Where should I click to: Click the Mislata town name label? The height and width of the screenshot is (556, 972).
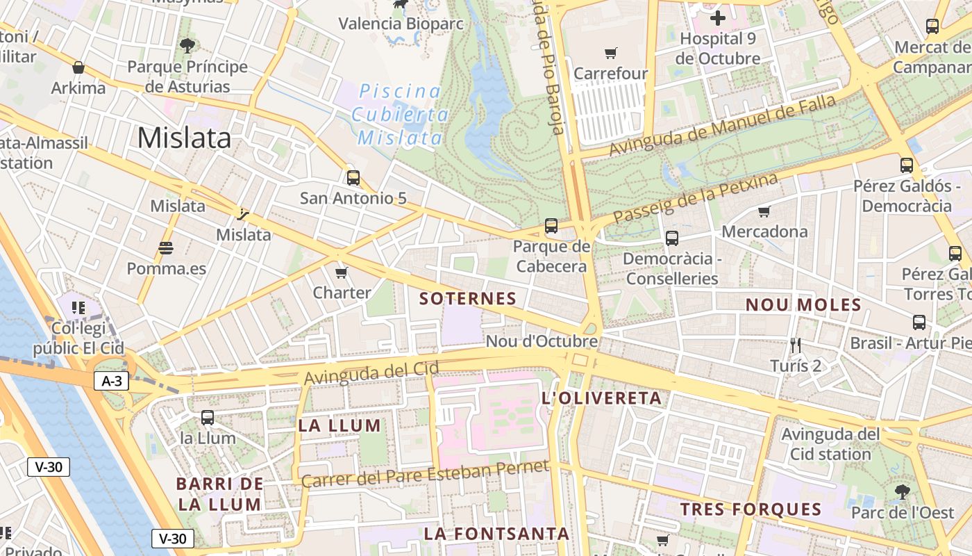pos(184,138)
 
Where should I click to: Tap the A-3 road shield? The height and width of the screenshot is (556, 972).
pos(111,380)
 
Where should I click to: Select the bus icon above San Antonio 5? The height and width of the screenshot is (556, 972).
pos(353,178)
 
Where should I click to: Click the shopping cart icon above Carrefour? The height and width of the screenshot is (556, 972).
pos(611,53)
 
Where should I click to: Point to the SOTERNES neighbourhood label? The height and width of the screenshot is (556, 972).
pos(468,299)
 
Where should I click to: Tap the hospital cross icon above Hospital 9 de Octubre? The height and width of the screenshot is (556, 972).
pos(718,17)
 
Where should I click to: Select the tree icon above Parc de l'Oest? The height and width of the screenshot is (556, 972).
pos(903,492)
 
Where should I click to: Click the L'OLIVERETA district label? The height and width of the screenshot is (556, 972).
pos(601,398)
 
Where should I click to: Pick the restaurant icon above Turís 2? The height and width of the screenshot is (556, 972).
pos(796,345)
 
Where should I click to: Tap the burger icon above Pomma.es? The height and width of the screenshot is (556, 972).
pos(165,248)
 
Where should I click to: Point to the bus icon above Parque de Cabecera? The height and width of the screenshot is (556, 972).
pos(551,226)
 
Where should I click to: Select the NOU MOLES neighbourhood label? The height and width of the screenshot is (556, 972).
pos(803,304)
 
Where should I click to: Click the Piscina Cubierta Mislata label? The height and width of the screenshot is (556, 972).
pos(399,115)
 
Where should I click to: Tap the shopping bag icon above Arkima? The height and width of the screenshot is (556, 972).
pos(78,67)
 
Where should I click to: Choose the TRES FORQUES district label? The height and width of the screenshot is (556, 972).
pos(751,509)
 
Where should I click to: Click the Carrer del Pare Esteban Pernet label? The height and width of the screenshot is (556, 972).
pos(425,473)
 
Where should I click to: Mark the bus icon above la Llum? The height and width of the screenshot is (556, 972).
pos(208,418)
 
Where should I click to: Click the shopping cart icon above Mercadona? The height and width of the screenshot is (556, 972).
pos(764,211)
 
